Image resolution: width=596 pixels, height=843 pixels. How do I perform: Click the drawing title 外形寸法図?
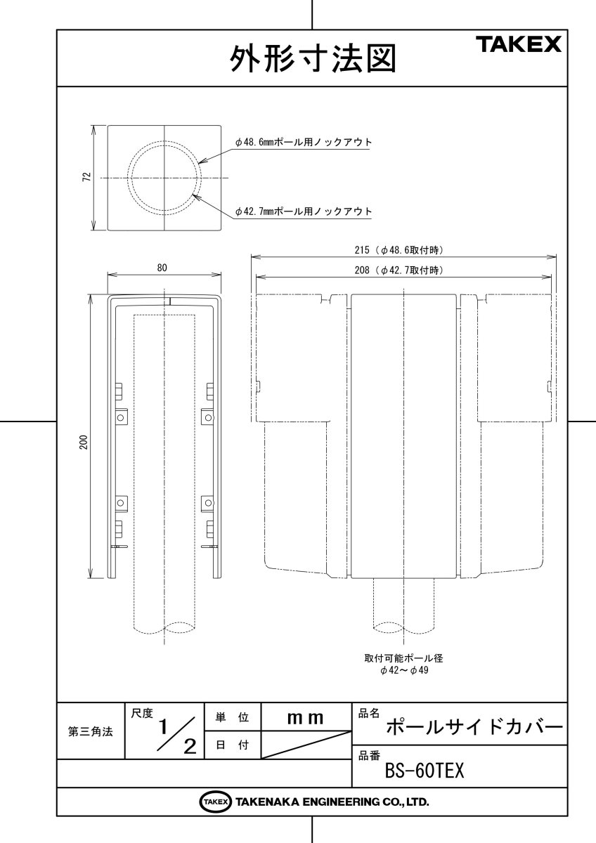point(312,59)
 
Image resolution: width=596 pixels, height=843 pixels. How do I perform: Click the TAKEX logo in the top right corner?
point(520,45)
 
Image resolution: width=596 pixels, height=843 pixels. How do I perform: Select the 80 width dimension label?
point(162,267)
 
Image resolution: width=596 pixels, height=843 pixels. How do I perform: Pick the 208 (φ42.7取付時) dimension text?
point(404,270)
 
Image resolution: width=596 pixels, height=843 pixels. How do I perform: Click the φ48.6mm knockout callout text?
point(303,142)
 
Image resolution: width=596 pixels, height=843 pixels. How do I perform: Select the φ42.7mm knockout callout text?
point(303,211)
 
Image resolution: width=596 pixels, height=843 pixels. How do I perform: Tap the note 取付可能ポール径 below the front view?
point(403,658)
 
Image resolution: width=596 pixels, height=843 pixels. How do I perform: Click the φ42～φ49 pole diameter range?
point(403,671)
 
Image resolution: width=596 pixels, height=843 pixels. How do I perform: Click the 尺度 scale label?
point(141,713)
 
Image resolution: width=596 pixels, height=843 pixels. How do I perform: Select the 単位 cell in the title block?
point(231,717)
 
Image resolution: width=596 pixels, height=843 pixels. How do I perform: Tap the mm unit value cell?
point(305,717)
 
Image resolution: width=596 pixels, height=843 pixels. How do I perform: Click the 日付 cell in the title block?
point(231,745)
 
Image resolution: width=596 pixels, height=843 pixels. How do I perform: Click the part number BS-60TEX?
point(425,771)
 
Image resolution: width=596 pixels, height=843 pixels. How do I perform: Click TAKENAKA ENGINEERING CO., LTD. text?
point(332,802)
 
